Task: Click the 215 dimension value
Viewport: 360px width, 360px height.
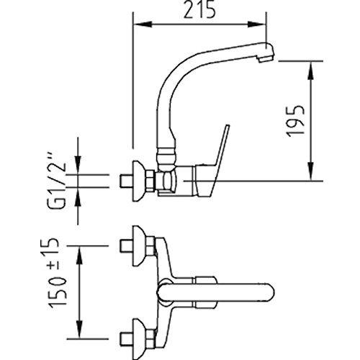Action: coord(199,11)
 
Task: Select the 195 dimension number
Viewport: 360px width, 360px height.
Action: coord(296,121)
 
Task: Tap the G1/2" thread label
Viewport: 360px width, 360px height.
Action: coord(58,180)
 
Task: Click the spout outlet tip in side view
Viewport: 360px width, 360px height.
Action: coord(266,53)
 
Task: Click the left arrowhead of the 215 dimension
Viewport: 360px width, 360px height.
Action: coord(143,24)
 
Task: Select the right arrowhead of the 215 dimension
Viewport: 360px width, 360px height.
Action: coord(257,24)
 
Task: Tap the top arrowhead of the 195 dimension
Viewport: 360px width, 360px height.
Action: coord(311,71)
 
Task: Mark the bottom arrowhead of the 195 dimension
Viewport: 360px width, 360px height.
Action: coord(311,171)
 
